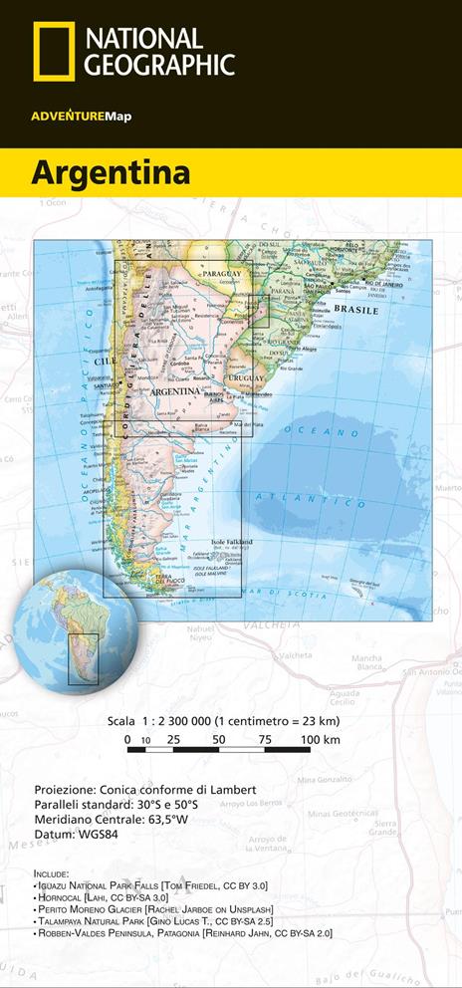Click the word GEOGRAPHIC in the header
pos(160,65)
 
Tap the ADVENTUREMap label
pos(81,117)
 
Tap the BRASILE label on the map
pos(356,310)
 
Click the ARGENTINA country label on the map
pos(175,392)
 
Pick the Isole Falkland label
pos(233,542)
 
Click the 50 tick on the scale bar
pos(218,739)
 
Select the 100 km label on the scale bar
pos(320,739)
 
